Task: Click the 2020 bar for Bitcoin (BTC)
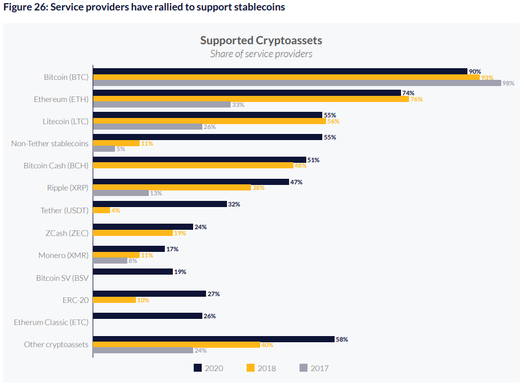[280, 71]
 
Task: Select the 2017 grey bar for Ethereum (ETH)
[162, 104]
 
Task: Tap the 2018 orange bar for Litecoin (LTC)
[210, 121]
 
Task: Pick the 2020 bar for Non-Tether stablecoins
[207, 137]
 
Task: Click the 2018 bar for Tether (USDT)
[101, 210]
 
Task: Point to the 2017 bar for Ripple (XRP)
[121, 193]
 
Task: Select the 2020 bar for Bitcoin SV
[132, 272]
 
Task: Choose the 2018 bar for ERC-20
[114, 300]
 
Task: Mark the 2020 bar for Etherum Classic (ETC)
[147, 316]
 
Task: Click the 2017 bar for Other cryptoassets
[143, 350]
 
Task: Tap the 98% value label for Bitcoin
[508, 84]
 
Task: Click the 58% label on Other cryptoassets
[341, 339]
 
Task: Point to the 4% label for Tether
[116, 211]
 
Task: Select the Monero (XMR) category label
[63, 255]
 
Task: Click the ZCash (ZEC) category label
[65, 233]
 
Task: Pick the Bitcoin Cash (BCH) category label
[56, 165]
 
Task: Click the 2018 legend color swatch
[250, 368]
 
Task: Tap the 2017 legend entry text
[320, 369]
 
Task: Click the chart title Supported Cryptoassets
[261, 41]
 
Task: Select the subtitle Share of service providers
[261, 54]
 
